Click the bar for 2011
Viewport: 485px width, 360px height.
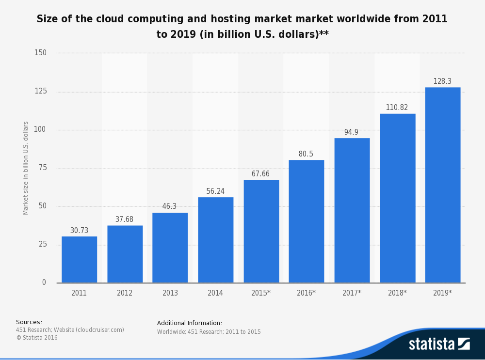[79, 260]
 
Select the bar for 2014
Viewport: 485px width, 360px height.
[215, 240]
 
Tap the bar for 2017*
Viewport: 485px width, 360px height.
[352, 210]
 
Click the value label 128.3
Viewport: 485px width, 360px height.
[442, 81]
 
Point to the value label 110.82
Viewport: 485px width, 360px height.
[397, 108]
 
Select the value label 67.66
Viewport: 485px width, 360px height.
[260, 174]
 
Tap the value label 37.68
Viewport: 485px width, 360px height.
[124, 219]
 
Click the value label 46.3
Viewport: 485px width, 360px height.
[169, 206]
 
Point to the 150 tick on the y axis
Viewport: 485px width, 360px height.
[40, 53]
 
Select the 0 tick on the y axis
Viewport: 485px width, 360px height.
[44, 282]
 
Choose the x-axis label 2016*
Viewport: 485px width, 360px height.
[306, 293]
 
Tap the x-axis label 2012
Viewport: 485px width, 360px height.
[124, 293]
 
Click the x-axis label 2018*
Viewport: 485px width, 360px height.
[397, 293]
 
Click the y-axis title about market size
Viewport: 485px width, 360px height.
[26, 168]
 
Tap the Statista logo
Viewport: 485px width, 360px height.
[439, 344]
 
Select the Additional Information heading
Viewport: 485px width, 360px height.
[189, 323]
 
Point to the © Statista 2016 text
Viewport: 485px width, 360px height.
[37, 338]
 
